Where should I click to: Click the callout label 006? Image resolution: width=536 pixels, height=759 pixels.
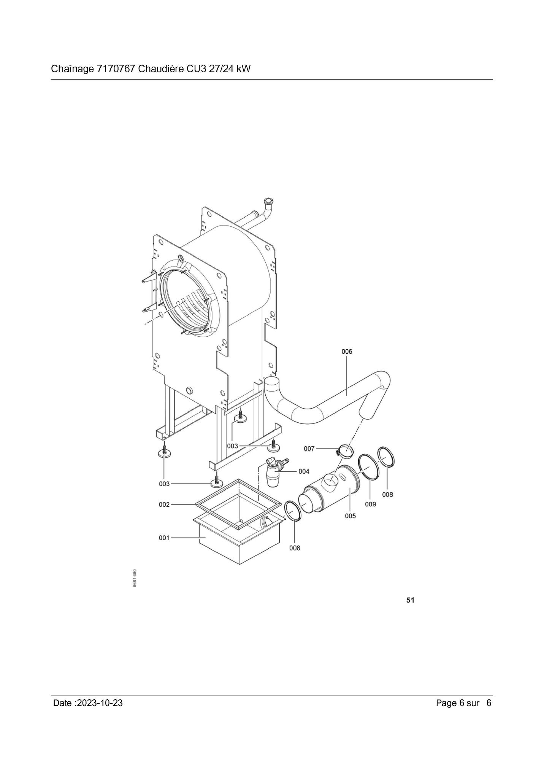coord(347,352)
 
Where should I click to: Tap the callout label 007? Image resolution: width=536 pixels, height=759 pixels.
coord(309,449)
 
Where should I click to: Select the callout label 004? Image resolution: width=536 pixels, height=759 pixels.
coord(304,471)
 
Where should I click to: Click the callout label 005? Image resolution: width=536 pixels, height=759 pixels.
coord(350,516)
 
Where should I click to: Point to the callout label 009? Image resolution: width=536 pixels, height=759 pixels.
coord(370,504)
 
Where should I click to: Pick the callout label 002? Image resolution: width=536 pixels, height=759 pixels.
coord(164,504)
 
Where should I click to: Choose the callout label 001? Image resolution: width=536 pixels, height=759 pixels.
coord(164,538)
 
